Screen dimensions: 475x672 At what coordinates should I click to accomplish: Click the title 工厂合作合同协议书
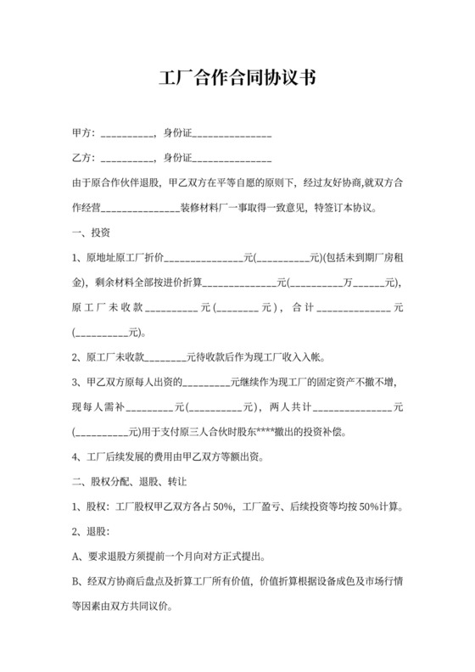[237, 79]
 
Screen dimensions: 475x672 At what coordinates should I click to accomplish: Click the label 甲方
[82, 134]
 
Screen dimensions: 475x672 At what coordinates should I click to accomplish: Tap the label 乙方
[82, 159]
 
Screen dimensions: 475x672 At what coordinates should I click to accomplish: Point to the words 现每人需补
[98, 406]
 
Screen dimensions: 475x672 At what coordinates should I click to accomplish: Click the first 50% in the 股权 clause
[224, 508]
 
